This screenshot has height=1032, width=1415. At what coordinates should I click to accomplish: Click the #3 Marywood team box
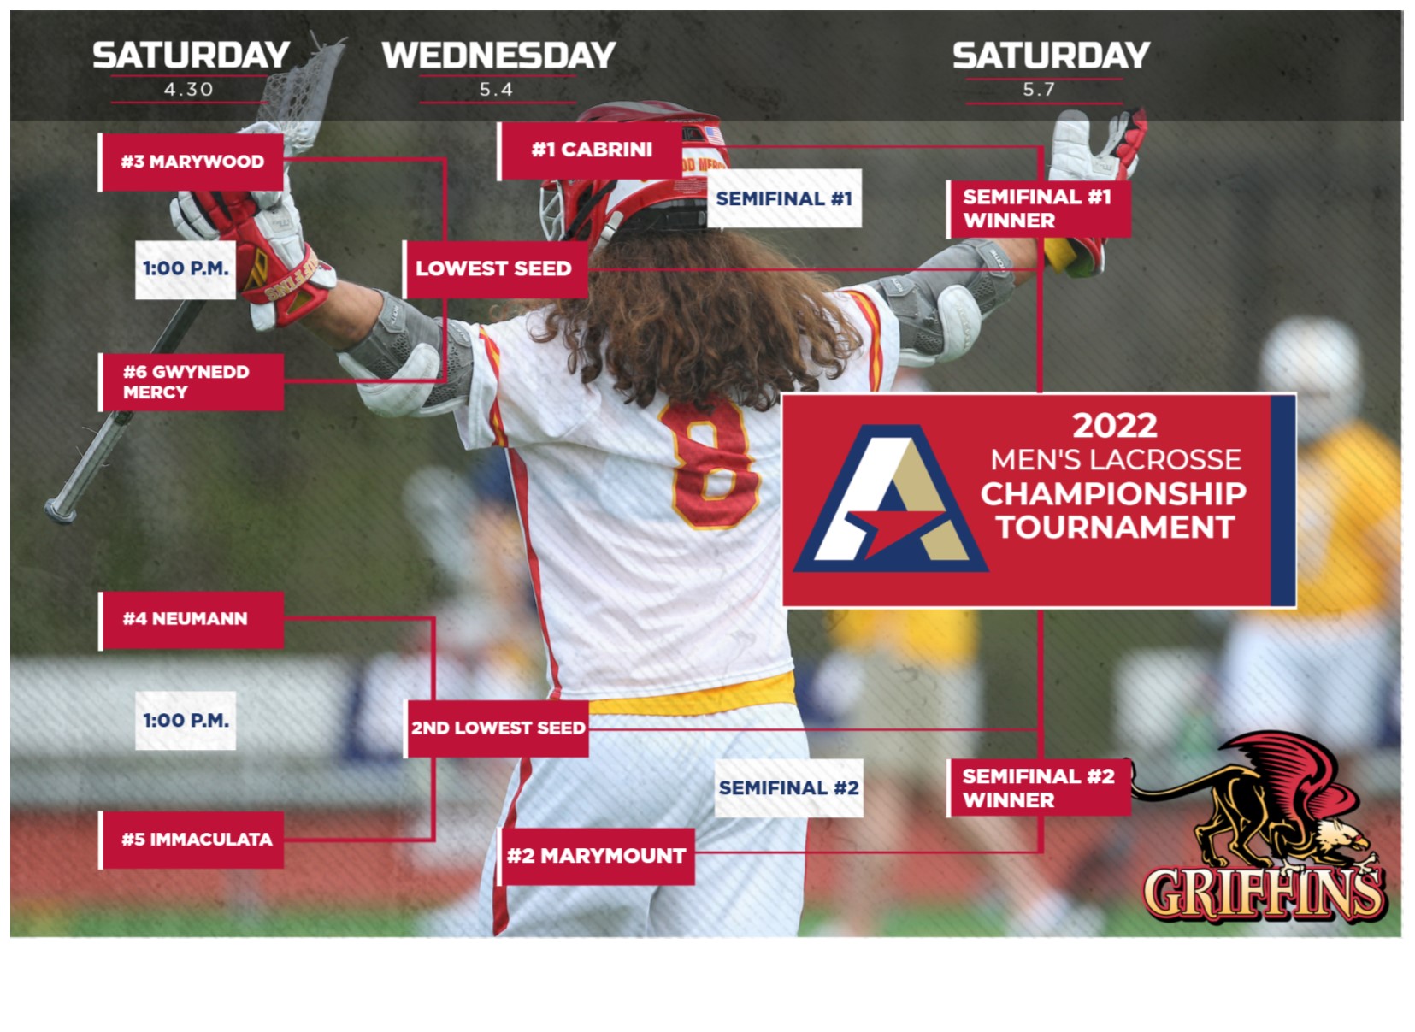(192, 162)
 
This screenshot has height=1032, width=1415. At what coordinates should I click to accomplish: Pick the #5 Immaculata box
(192, 840)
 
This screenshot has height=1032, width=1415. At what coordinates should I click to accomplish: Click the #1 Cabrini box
(592, 150)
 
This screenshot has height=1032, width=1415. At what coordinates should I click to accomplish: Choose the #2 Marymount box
(596, 856)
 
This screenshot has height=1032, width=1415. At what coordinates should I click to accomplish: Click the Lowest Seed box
(495, 268)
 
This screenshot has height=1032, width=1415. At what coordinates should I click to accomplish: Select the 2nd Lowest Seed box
(498, 728)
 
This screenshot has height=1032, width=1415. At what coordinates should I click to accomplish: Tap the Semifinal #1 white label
(784, 199)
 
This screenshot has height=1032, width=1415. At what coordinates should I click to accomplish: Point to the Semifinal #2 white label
(788, 787)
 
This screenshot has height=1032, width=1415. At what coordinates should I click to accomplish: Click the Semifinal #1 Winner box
(1039, 209)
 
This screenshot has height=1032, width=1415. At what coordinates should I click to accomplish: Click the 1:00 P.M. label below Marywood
(186, 269)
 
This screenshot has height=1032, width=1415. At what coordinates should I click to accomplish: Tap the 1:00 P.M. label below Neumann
(186, 721)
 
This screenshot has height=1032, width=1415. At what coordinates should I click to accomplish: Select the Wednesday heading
(498, 56)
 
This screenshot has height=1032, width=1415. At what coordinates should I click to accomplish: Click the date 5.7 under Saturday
(1039, 90)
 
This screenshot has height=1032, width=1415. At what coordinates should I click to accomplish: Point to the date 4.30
(189, 90)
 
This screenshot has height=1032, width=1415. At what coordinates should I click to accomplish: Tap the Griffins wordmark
(1264, 893)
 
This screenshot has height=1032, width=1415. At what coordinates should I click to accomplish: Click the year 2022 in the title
(1114, 425)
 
